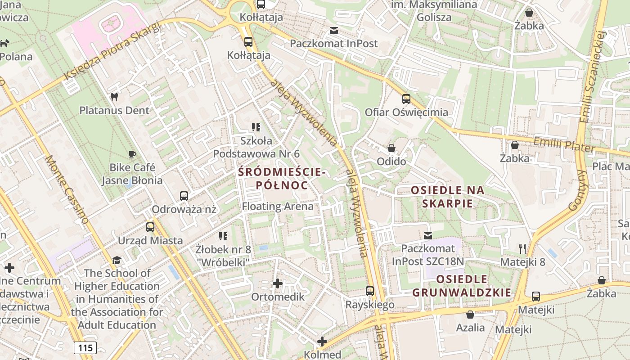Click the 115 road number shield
(85, 347)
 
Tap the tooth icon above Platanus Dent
(114, 97)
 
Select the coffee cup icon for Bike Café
(132, 154)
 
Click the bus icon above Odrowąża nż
(184, 196)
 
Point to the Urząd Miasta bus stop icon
(150, 227)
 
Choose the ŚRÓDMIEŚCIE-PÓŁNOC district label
(282, 179)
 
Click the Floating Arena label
(278, 207)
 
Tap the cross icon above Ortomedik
(278, 283)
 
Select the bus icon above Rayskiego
(370, 291)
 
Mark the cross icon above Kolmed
(322, 342)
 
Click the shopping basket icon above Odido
(391, 148)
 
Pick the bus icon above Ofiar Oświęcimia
(406, 99)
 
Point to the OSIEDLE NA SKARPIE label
(448, 197)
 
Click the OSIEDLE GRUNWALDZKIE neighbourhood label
(462, 286)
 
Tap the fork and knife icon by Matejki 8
(522, 248)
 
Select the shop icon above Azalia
(470, 314)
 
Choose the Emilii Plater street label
(564, 145)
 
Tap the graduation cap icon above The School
(117, 260)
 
